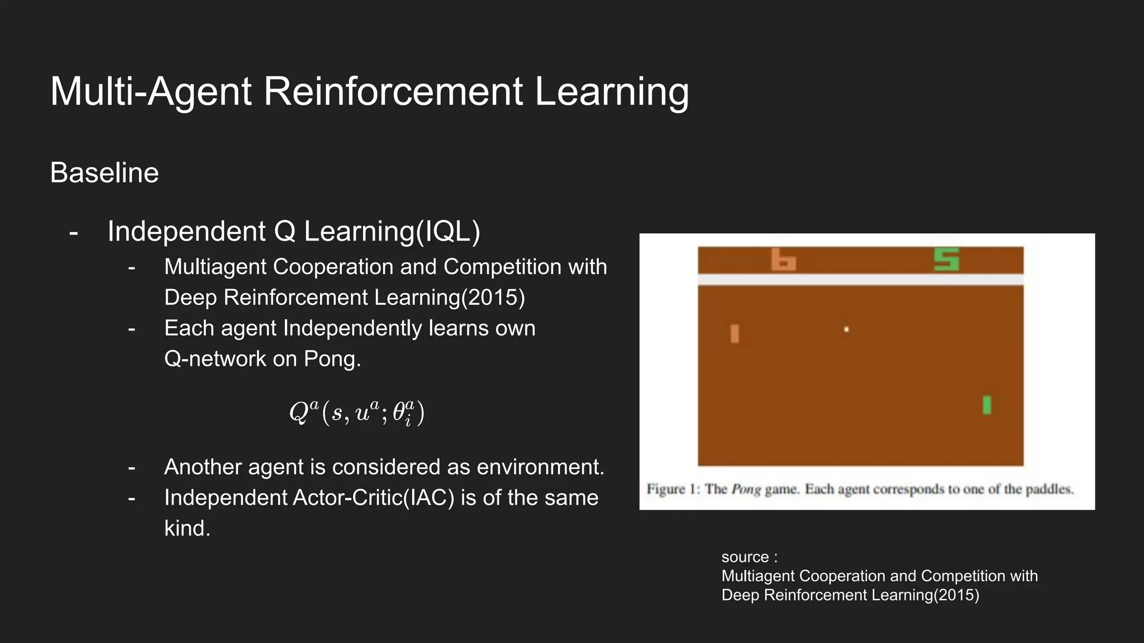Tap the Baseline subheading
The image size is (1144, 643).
click(104, 173)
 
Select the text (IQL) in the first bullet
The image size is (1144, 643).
click(449, 232)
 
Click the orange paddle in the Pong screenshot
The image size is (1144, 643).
click(735, 334)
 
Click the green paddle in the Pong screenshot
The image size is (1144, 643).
click(986, 405)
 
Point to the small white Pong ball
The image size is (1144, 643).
click(846, 329)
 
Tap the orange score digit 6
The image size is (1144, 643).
click(783, 260)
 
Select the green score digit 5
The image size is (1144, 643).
click(946, 260)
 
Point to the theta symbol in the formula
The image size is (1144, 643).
click(399, 413)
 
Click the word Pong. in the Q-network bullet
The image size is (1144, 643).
click(332, 359)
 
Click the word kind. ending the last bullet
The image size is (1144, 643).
click(187, 529)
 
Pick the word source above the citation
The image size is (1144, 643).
click(745, 557)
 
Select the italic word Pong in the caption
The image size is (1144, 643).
click(746, 490)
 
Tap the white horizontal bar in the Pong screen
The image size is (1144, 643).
click(860, 280)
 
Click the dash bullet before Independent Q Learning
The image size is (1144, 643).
click(73, 232)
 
